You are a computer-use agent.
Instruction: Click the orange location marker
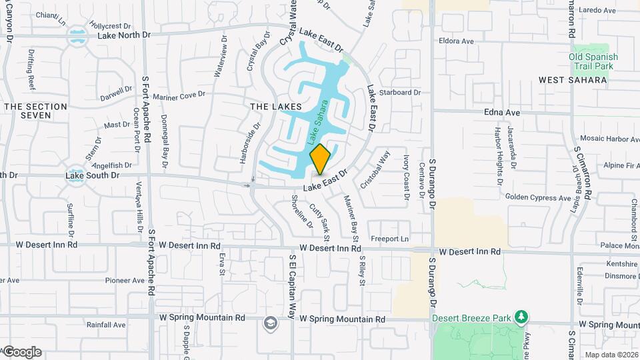pos(320,159)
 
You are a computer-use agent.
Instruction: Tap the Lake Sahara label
pos(319,124)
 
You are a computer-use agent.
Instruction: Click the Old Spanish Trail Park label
pos(593,61)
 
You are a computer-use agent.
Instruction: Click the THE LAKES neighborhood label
pos(275,107)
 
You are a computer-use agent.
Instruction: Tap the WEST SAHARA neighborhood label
pos(573,80)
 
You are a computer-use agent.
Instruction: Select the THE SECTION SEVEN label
pos(36,111)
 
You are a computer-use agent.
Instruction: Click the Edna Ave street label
pos(502,113)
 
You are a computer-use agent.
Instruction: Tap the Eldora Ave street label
pos(456,41)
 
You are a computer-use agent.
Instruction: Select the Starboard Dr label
pos(400,93)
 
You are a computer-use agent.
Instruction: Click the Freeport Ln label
pos(389,239)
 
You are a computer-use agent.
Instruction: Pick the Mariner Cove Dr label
pos(179,95)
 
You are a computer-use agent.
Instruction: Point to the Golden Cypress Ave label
pos(538,197)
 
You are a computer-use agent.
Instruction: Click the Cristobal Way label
pos(375,170)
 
